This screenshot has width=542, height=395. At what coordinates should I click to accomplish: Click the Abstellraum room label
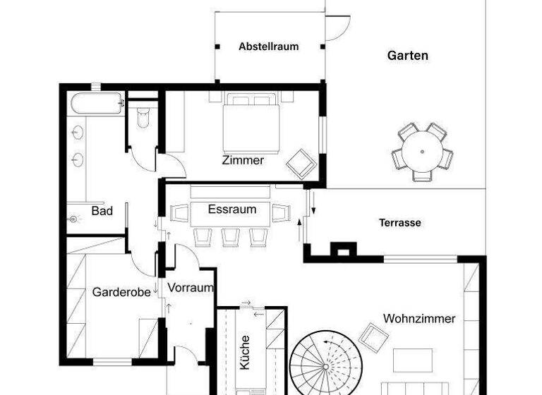[268, 47]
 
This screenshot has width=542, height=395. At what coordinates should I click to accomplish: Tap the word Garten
[407, 55]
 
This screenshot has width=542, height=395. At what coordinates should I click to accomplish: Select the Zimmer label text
[243, 160]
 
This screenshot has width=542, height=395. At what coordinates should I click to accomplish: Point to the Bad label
[102, 211]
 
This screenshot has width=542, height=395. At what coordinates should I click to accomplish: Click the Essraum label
[232, 209]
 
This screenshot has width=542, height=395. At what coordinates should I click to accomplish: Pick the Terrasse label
[399, 223]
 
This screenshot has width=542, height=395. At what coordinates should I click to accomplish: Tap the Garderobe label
[121, 292]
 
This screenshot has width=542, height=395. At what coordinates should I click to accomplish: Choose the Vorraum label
[191, 288]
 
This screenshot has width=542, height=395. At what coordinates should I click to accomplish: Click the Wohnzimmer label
[419, 319]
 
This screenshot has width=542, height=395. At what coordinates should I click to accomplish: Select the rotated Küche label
[245, 351]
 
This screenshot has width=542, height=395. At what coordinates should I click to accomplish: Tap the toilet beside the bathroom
[144, 116]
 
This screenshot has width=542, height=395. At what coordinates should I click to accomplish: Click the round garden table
[421, 152]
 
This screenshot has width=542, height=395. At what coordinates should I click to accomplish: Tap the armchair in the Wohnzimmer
[371, 336]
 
